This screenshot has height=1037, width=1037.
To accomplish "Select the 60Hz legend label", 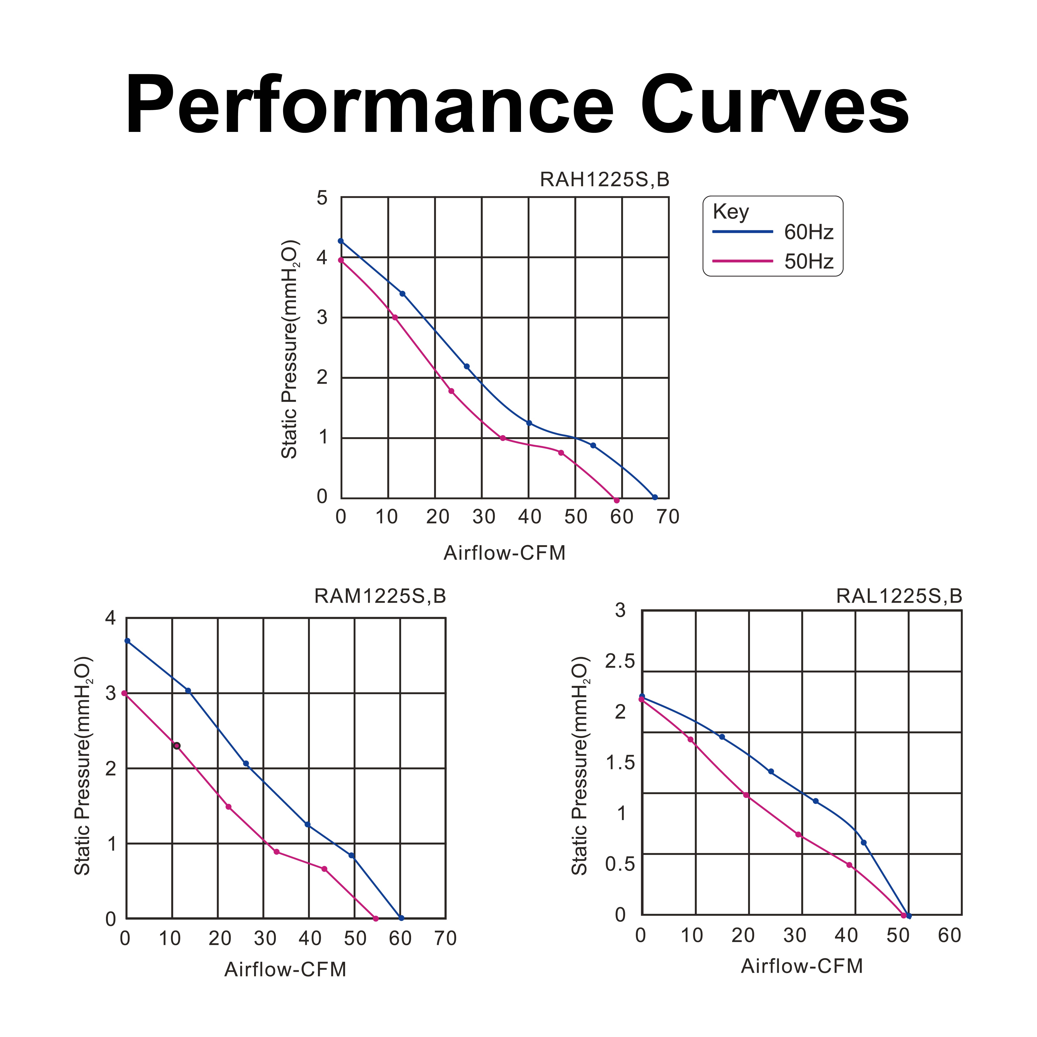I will (x=808, y=232).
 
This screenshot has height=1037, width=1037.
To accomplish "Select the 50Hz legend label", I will (x=808, y=261).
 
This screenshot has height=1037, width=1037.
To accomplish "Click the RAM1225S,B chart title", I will (x=380, y=596).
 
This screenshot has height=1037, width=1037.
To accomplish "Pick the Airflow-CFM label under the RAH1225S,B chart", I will (x=505, y=553).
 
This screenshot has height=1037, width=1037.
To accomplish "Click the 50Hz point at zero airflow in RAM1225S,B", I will (x=124, y=693).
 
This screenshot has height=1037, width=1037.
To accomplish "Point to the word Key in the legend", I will (x=730, y=212).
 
